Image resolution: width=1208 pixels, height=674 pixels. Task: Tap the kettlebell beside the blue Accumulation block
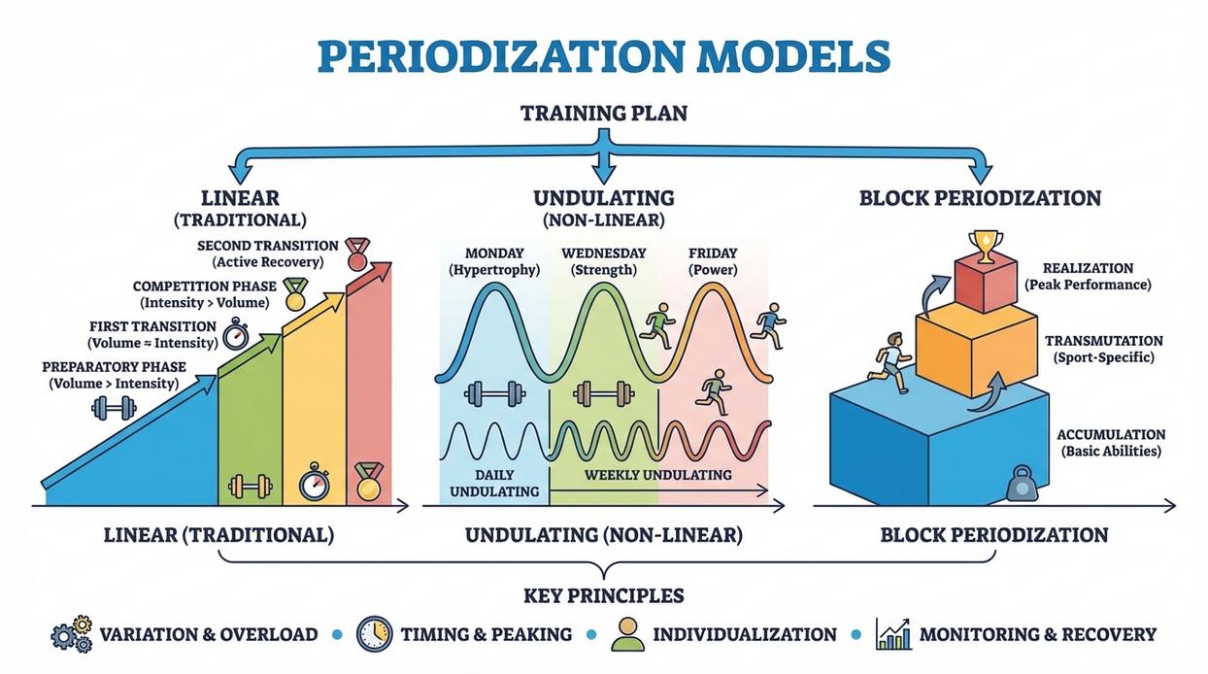click(x=1021, y=483)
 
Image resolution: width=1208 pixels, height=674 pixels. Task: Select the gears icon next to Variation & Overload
click(x=71, y=634)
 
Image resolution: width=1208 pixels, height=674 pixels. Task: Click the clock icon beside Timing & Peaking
click(x=374, y=634)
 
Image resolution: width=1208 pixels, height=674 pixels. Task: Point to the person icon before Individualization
click(x=626, y=634)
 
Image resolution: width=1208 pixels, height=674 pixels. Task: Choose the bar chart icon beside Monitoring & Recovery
click(x=893, y=634)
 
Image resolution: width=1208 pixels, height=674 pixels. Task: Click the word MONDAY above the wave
click(x=494, y=253)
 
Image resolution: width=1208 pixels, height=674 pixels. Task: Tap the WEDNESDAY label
click(x=604, y=253)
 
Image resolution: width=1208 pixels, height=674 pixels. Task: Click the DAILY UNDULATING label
click(x=494, y=483)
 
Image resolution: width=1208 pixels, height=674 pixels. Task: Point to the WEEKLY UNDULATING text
click(x=657, y=474)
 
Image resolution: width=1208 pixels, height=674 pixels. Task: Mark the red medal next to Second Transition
click(x=357, y=253)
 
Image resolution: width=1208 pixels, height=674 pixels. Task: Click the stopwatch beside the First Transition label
click(x=236, y=335)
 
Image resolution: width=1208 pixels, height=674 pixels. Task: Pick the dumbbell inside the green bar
click(x=250, y=486)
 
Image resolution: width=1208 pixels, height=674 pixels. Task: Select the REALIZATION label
click(x=1088, y=267)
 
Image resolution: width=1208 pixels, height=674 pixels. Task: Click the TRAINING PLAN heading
click(x=604, y=114)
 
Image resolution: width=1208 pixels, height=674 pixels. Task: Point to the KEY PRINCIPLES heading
click(x=604, y=595)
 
